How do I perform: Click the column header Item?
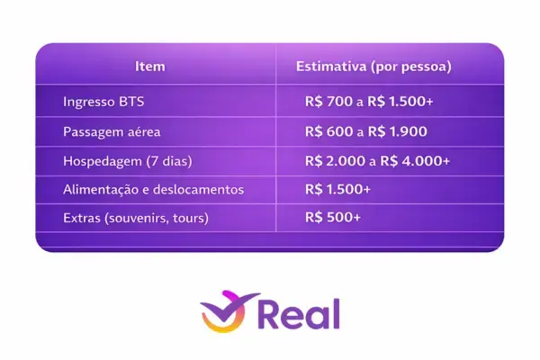click(x=149, y=66)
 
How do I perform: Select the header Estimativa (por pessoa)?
click(x=373, y=66)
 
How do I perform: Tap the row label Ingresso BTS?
click(x=103, y=102)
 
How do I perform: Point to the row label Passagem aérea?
click(x=112, y=131)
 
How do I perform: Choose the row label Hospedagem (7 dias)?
click(x=128, y=160)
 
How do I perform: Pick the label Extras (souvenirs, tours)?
click(x=136, y=219)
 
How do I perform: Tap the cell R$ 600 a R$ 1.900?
click(x=365, y=131)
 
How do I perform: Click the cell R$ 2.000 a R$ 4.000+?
click(x=377, y=160)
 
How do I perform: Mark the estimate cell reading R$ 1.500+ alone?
click(x=337, y=190)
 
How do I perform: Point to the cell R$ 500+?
click(x=333, y=219)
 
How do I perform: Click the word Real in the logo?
click(x=299, y=315)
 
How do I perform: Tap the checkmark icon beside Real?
click(x=224, y=313)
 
